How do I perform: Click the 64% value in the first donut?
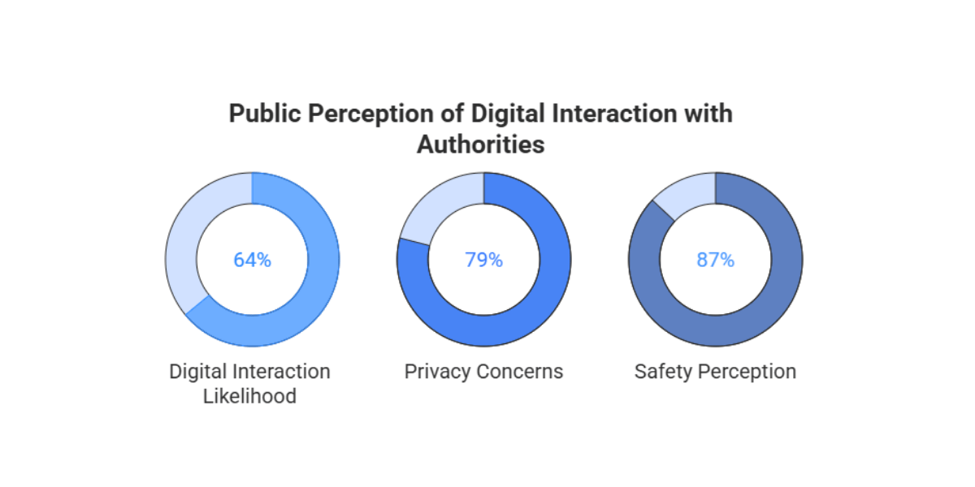[x=252, y=260]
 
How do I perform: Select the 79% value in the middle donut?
[x=483, y=260]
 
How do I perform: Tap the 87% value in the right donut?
[x=715, y=260]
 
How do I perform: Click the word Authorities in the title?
[x=480, y=144]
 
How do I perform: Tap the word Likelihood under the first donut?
[x=249, y=397]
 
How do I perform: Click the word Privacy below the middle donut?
[x=435, y=372]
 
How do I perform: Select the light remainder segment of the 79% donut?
[x=426, y=210]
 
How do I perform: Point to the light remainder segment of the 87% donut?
[x=682, y=194]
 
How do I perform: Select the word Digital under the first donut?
[x=200, y=372]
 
